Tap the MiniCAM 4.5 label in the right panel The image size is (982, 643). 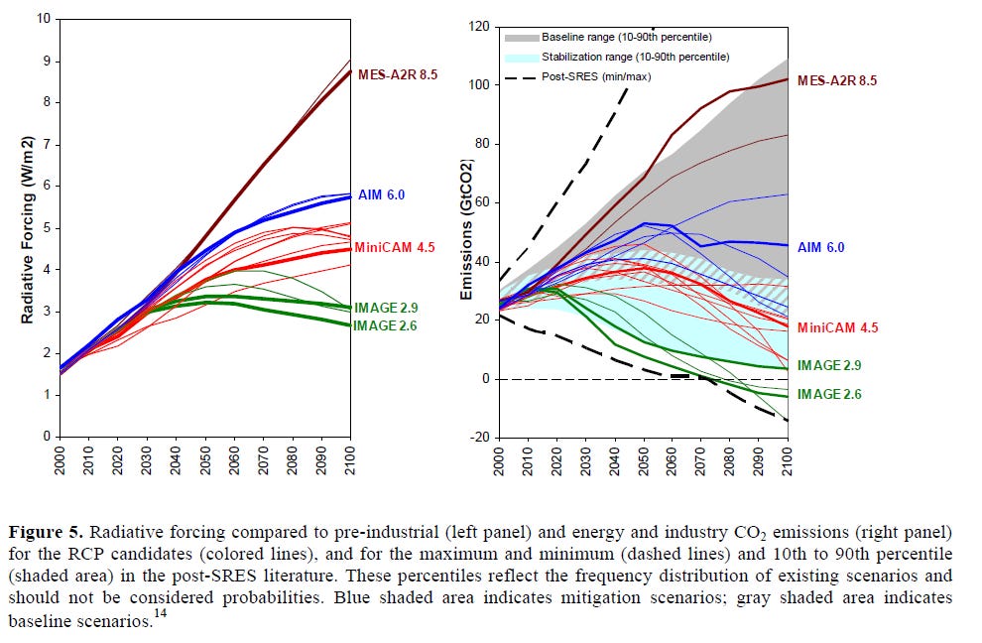(x=837, y=326)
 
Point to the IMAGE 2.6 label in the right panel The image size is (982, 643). (x=830, y=394)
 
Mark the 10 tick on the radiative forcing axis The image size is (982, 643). (x=43, y=18)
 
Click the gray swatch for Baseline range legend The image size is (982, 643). (x=520, y=37)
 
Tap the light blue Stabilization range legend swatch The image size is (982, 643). (x=520, y=57)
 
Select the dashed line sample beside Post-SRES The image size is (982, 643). (x=520, y=76)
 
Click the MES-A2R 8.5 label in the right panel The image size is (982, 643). (x=837, y=80)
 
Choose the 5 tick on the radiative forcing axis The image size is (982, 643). (x=46, y=227)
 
